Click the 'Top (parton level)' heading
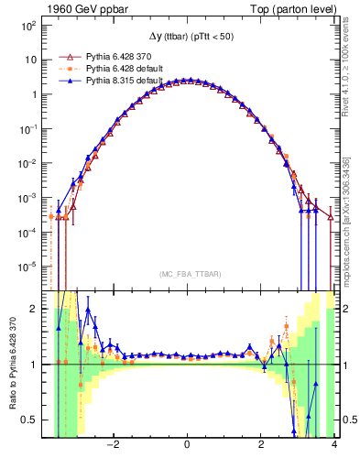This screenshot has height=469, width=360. tap(290, 8)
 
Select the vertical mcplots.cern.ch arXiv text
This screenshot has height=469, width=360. tap(353, 220)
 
